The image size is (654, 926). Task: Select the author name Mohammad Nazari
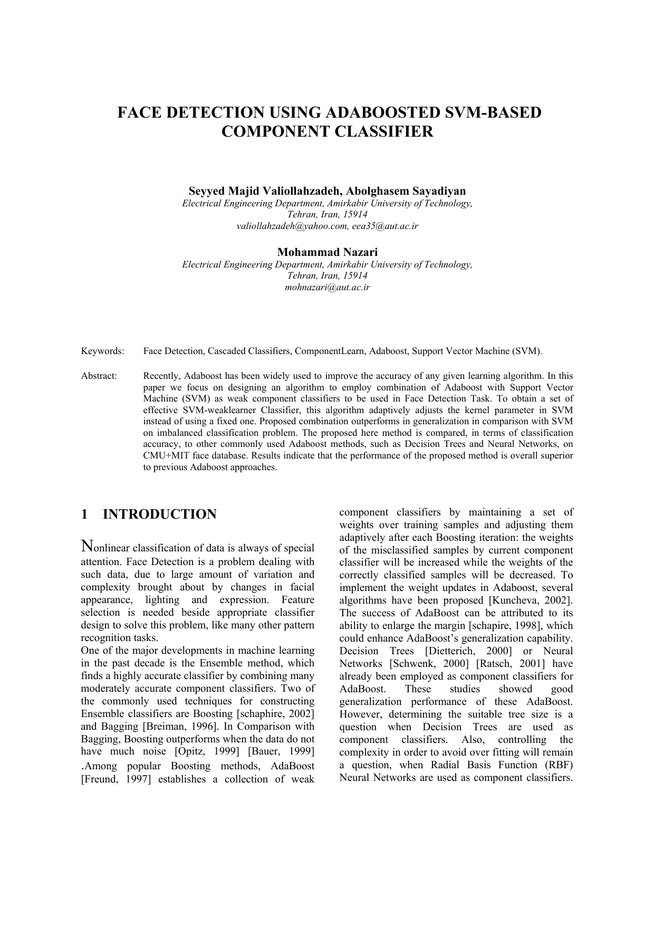[x=327, y=252]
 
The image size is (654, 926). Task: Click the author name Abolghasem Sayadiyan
[x=406, y=191]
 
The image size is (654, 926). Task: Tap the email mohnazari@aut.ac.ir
[x=327, y=288]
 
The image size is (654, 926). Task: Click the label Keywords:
[x=102, y=351]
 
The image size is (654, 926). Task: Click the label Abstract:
[x=99, y=376]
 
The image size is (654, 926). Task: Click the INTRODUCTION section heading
[x=159, y=514]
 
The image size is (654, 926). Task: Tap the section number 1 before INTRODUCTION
[x=84, y=514]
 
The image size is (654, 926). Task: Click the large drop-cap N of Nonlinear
[x=87, y=546]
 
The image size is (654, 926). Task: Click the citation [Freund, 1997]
[x=116, y=779]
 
